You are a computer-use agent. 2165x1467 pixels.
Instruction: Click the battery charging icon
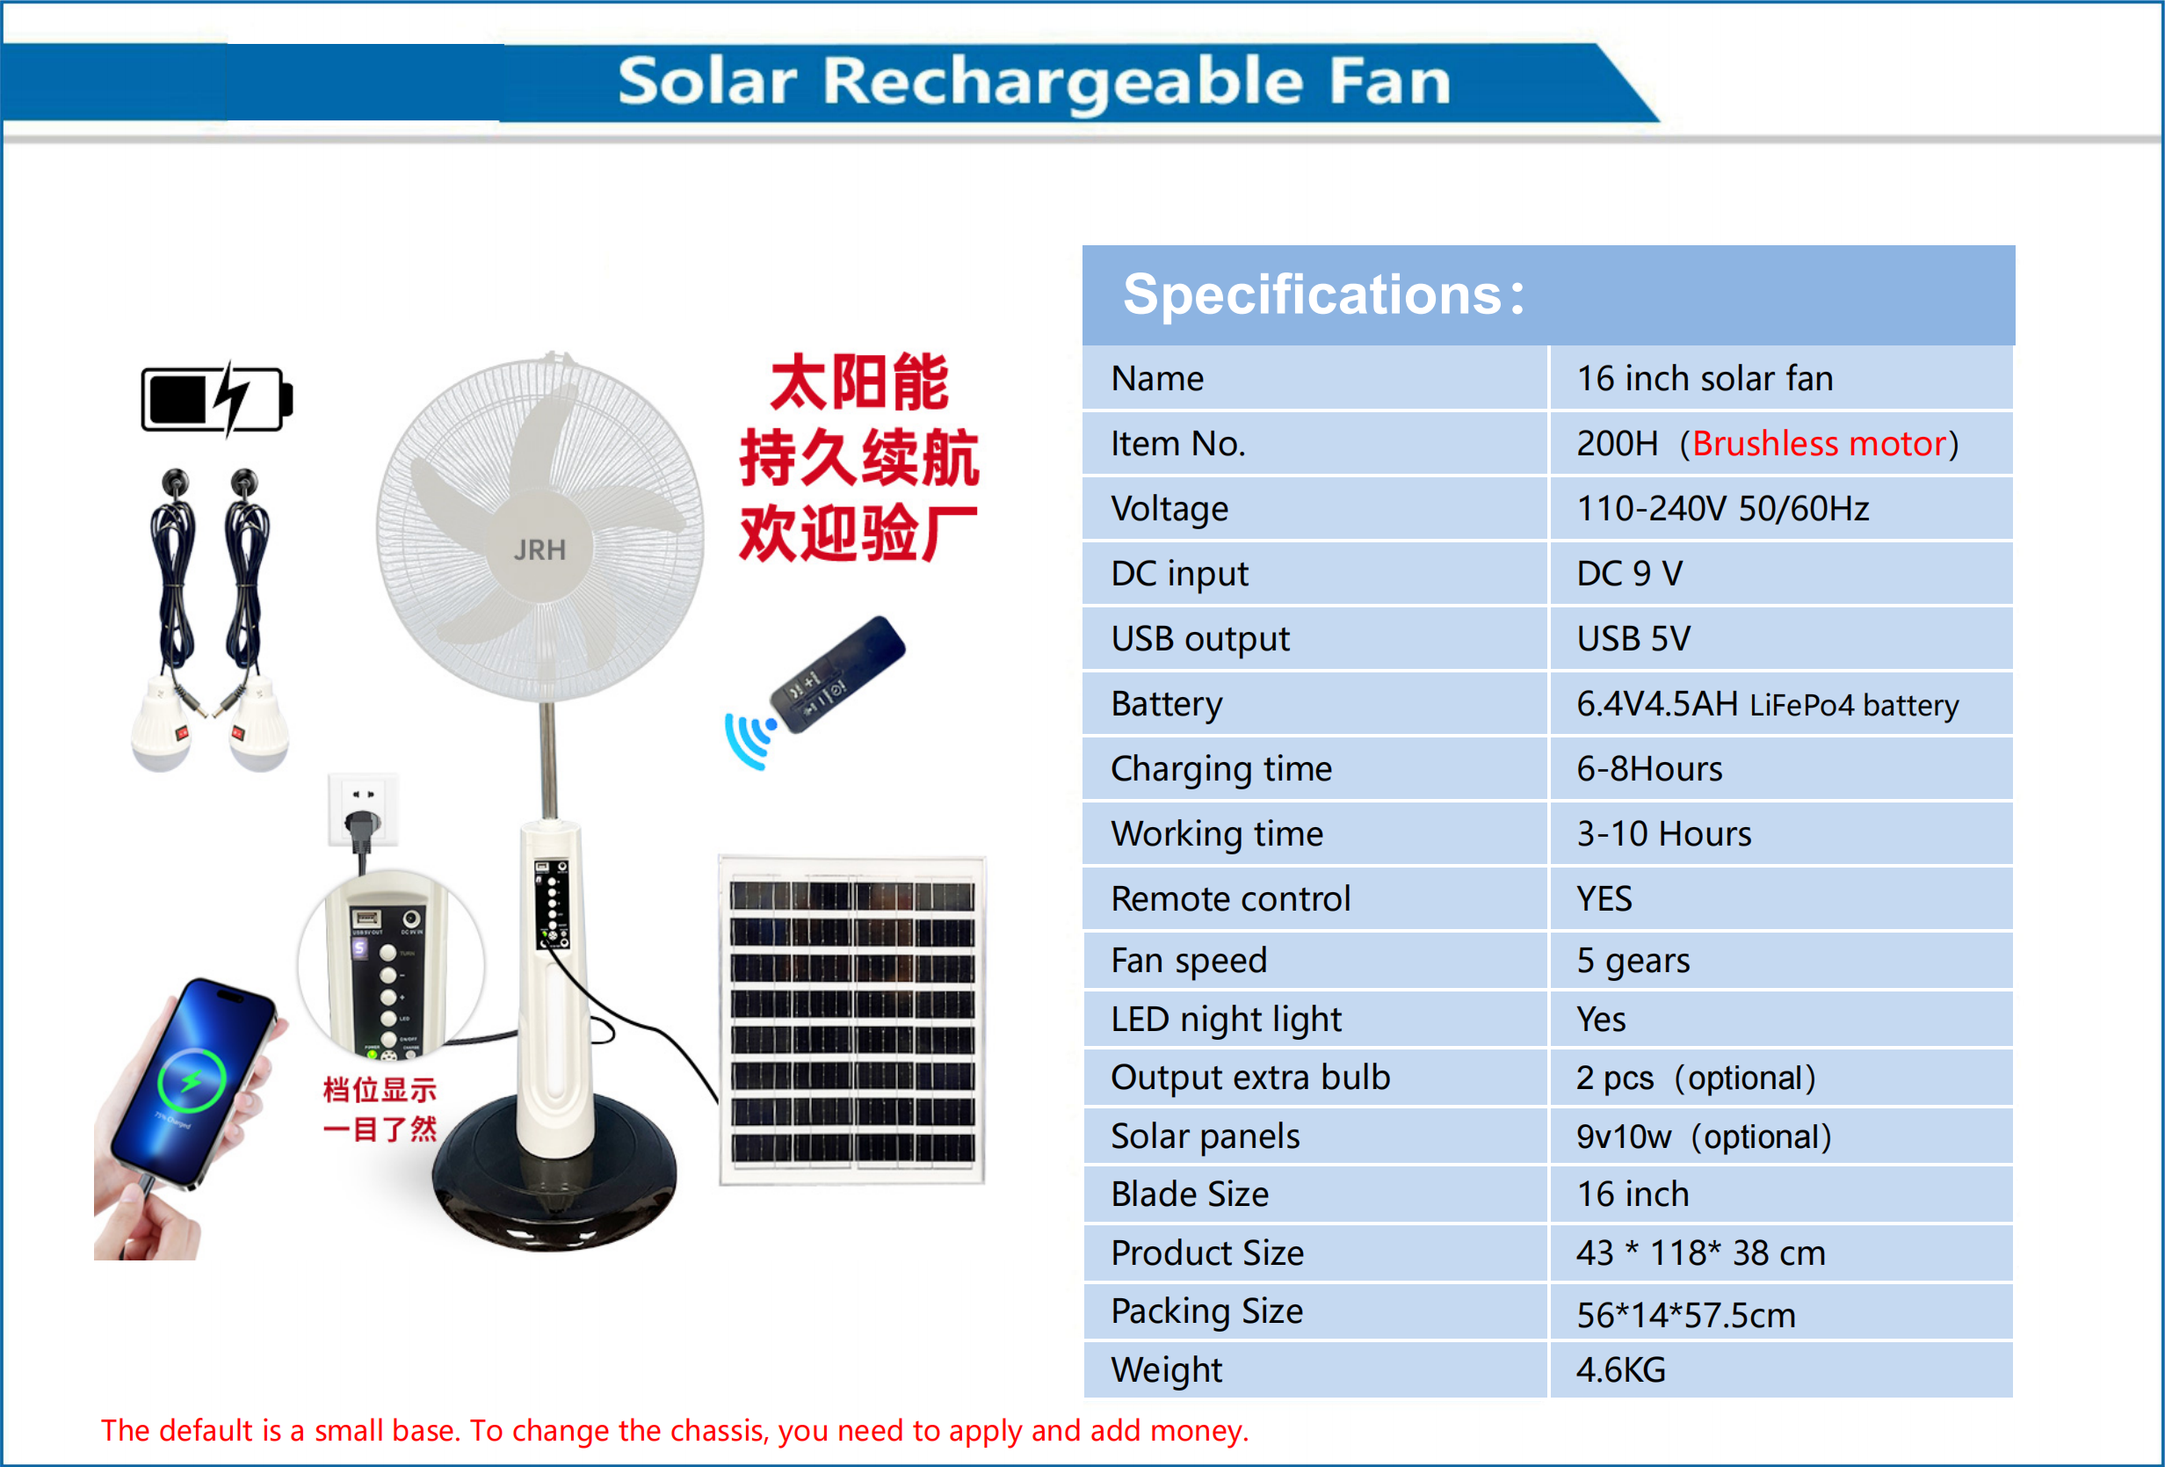point(217,399)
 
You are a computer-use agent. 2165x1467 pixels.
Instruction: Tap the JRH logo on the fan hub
point(539,550)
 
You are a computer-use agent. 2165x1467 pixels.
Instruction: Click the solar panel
point(851,1020)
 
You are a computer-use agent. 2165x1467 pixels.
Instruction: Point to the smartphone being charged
point(192,1086)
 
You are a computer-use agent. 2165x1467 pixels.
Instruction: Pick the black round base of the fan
point(554,1179)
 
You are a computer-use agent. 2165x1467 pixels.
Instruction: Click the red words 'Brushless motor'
point(1820,444)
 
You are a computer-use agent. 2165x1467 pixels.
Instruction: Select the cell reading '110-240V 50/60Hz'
point(1722,509)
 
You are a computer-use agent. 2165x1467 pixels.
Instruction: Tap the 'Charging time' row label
point(1221,769)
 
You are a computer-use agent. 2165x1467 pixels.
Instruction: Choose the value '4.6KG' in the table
point(1621,1369)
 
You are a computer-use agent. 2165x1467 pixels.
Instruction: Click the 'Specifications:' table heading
point(1323,294)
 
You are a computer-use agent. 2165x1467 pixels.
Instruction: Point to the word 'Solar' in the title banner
point(708,81)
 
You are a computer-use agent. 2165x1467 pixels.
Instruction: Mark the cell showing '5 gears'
point(1633,960)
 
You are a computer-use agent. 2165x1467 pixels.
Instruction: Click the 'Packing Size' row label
point(1207,1311)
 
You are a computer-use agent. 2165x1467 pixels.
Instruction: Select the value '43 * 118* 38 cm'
point(1701,1253)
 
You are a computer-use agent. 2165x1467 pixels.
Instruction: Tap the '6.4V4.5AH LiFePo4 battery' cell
point(1767,704)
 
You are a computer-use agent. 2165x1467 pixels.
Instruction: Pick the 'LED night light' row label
point(1226,1019)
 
